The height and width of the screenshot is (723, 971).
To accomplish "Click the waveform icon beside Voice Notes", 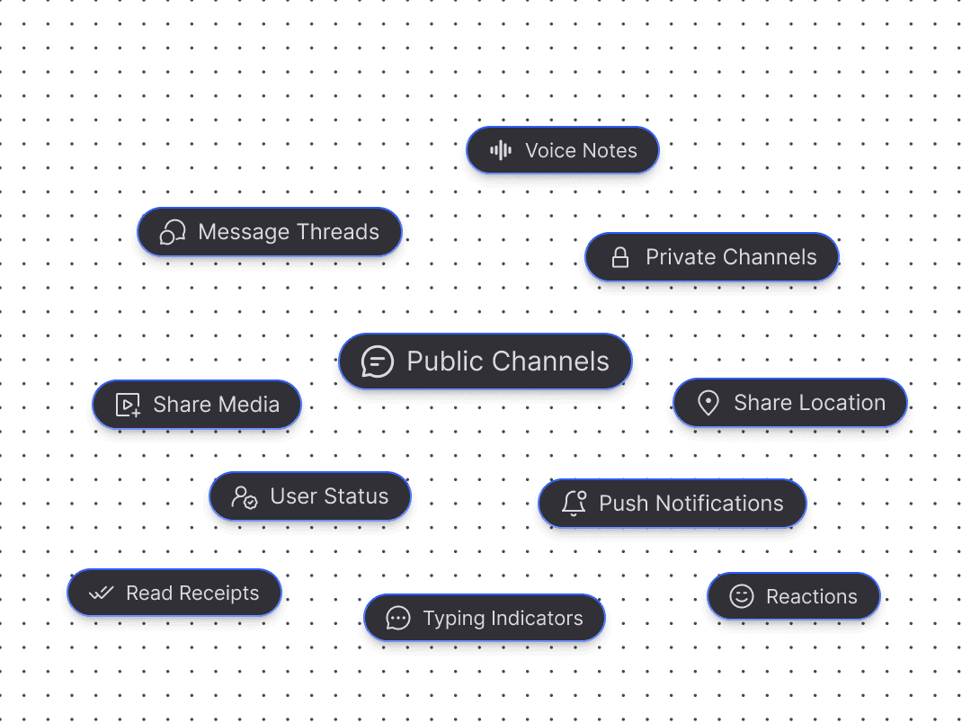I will point(501,151).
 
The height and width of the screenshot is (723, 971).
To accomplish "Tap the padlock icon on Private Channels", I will point(620,258).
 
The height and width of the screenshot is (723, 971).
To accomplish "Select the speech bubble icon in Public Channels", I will point(378,362).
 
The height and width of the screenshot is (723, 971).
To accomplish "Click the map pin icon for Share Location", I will point(708,404).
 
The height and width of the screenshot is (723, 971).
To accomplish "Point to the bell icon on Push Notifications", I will point(574,504).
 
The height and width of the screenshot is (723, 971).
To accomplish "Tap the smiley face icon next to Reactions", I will point(741,596).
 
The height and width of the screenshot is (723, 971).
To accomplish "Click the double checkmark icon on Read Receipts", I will point(101,594).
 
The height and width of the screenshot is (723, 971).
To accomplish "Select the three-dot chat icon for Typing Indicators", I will point(397,619).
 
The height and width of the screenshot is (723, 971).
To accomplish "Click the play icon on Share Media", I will point(129,406).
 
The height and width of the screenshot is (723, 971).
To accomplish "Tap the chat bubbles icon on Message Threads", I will point(173,232).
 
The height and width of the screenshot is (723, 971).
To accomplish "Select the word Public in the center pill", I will point(447,362).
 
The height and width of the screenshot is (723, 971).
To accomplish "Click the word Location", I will point(843,404).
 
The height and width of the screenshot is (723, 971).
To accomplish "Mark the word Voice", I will point(550,151).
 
